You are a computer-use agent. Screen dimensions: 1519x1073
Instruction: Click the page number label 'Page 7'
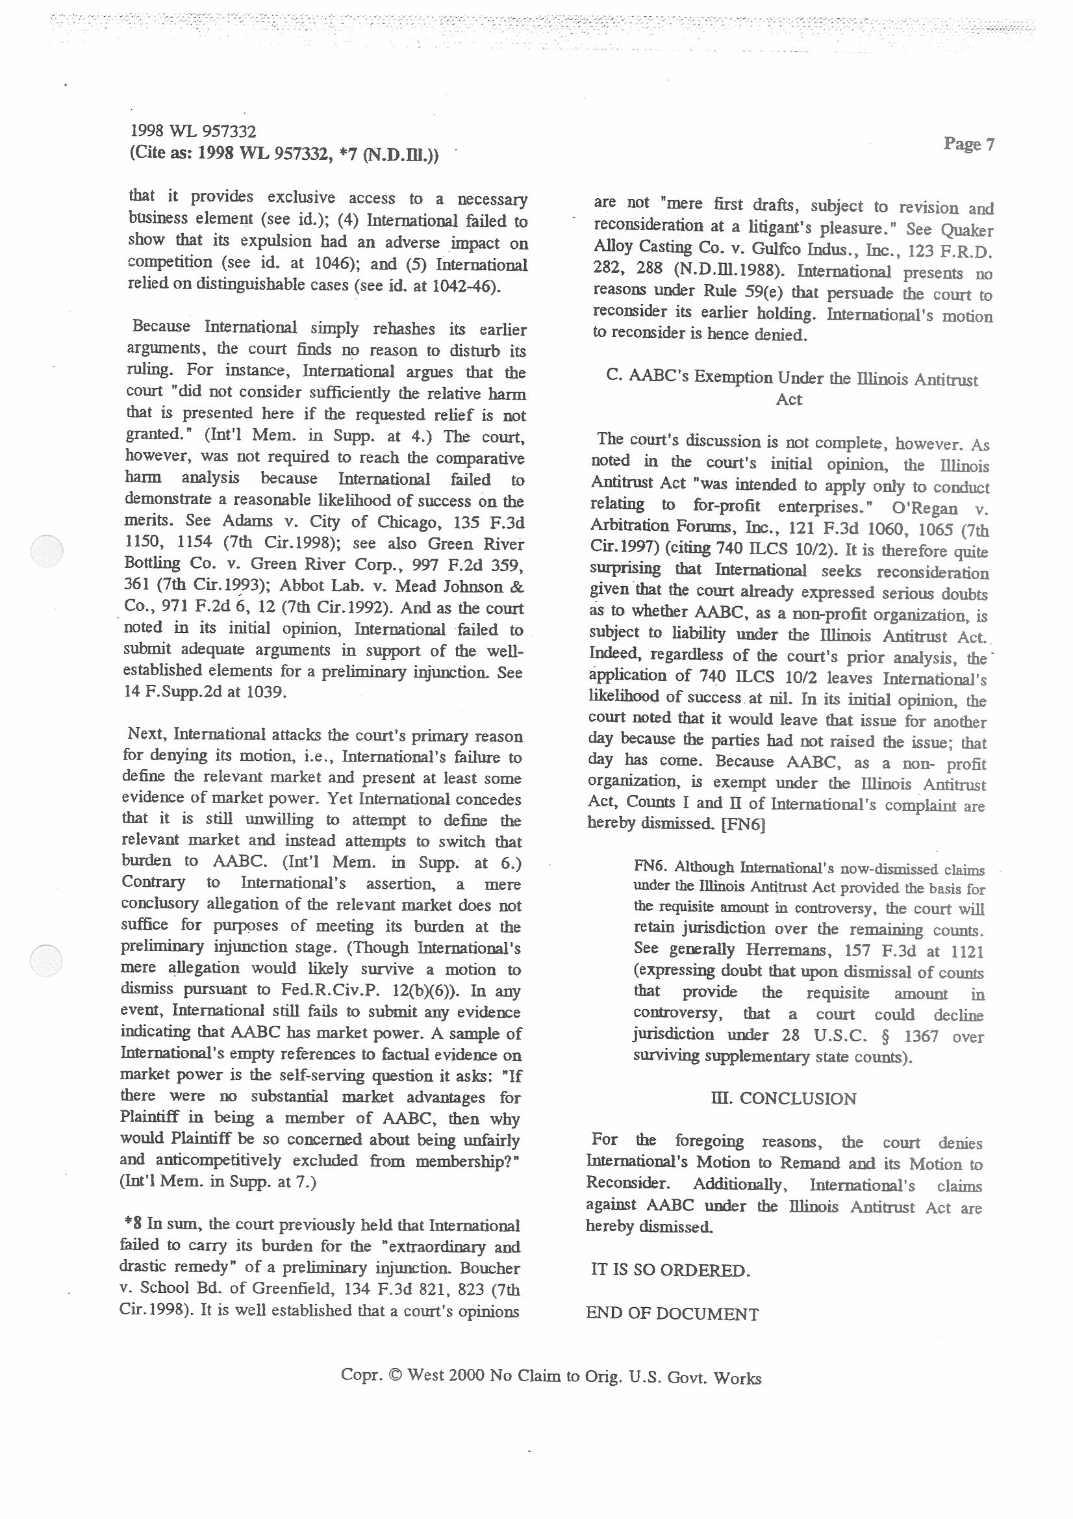click(x=968, y=144)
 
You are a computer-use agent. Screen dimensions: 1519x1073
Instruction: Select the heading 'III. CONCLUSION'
click(x=783, y=1098)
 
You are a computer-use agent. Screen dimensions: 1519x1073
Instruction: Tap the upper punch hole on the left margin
click(x=47, y=550)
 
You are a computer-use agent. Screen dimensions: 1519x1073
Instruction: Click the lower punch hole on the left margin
click(x=47, y=961)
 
